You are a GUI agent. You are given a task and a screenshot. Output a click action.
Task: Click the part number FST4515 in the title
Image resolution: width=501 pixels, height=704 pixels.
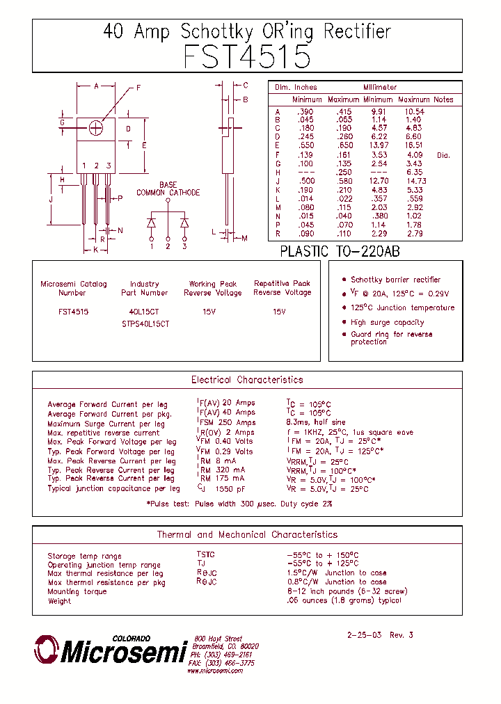tap(247, 56)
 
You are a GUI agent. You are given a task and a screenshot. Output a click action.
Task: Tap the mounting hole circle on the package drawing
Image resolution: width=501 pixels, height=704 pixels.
tap(96, 127)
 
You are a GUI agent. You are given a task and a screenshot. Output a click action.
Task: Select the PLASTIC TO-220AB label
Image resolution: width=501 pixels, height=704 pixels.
tap(340, 252)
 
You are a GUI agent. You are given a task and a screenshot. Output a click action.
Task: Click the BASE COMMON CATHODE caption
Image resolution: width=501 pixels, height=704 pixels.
tap(168, 189)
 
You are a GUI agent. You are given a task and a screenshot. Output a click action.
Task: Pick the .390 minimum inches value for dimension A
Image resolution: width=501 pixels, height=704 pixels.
tap(305, 111)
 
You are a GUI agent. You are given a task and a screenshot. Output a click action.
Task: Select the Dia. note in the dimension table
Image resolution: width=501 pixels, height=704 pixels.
tap(443, 155)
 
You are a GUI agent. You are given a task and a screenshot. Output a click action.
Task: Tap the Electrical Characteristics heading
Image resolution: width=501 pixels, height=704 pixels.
tap(247, 380)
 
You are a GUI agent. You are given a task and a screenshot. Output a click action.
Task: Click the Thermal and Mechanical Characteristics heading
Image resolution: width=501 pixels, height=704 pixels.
tap(247, 535)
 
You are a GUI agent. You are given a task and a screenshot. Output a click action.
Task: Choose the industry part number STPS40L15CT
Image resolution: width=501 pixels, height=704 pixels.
tap(145, 323)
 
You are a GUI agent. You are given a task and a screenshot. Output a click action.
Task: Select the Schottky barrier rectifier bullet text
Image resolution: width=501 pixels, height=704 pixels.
tap(395, 279)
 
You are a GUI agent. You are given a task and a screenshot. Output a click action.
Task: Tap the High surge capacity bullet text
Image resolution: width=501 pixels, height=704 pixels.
tap(387, 322)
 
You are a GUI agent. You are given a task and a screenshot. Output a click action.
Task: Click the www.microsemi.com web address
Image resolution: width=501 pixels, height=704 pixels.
tap(215, 671)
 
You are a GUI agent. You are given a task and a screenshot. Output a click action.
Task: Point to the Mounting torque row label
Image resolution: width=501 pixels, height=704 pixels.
tap(77, 592)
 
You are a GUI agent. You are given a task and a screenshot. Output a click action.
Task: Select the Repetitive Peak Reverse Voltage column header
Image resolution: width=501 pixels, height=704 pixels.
tap(282, 288)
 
